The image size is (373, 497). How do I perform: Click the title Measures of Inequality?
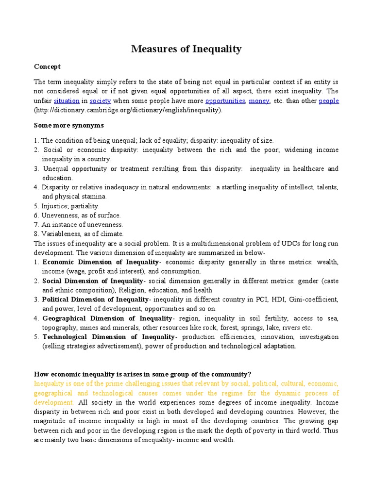(186, 49)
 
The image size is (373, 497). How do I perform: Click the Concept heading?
(47, 66)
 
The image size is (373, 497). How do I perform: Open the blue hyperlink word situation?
(66, 101)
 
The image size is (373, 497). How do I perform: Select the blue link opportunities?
(225, 101)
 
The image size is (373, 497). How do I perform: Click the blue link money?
(259, 101)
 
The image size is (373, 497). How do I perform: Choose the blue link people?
(329, 101)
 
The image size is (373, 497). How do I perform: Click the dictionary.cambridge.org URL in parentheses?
(128, 110)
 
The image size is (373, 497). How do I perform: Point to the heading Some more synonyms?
(69, 125)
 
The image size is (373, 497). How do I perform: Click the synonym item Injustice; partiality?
(70, 206)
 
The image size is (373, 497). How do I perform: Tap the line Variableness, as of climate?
(82, 234)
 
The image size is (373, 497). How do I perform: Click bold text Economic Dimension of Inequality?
(101, 262)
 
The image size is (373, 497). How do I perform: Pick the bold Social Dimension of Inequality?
(93, 281)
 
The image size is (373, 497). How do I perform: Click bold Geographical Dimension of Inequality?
(108, 318)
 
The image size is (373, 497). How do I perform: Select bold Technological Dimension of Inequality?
(109, 337)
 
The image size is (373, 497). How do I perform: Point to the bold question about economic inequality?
(142, 374)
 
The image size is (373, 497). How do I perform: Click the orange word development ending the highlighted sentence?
(53, 402)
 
